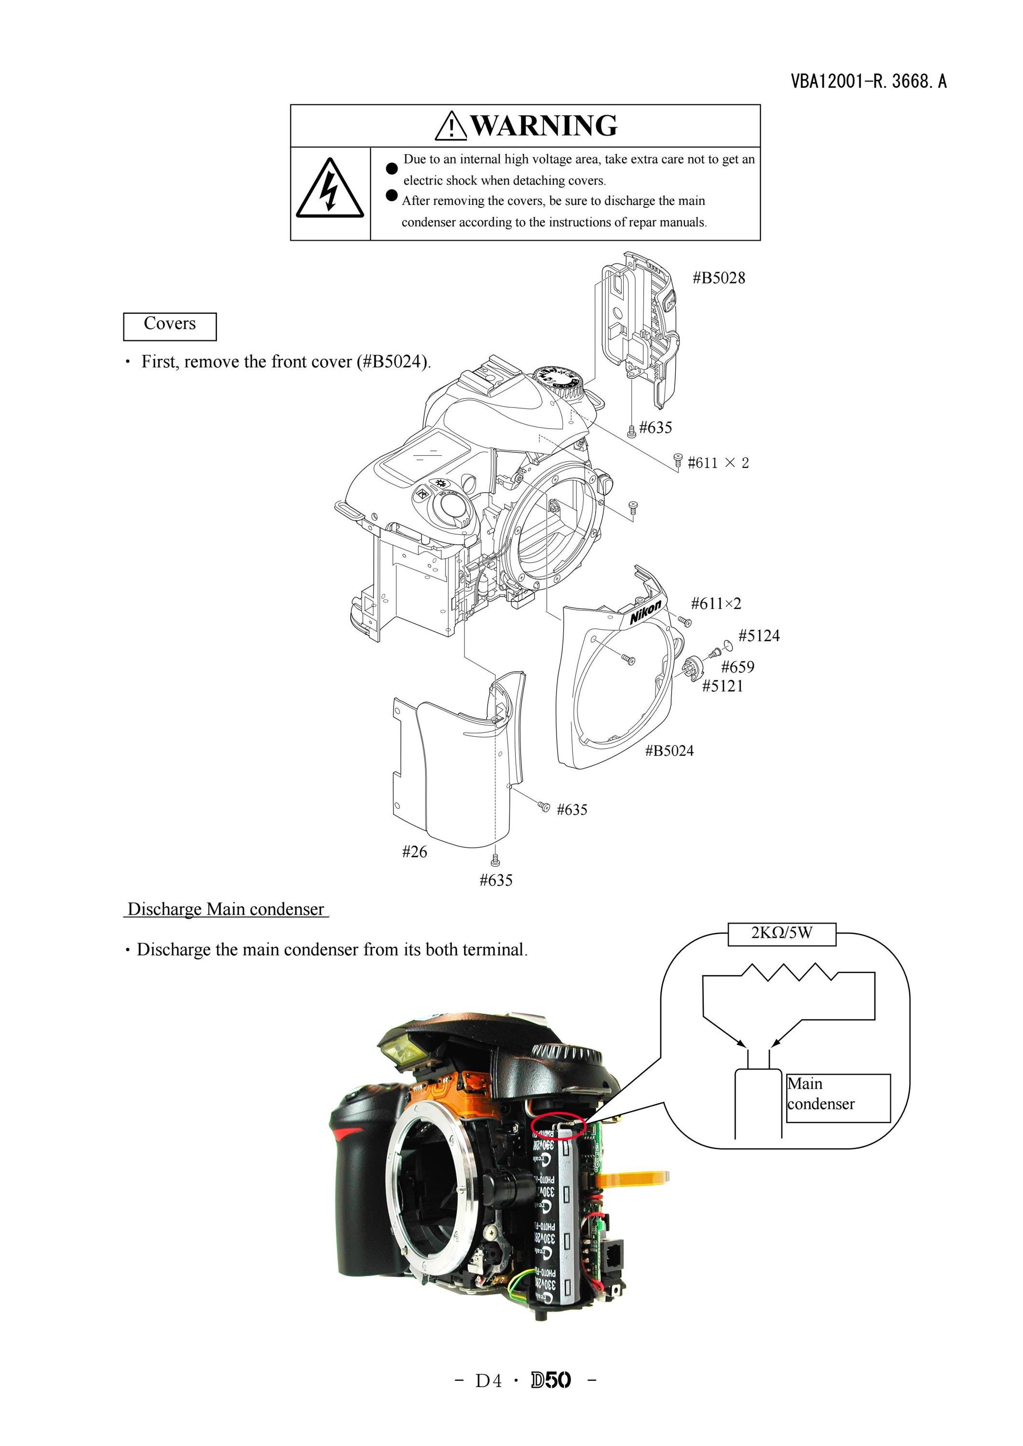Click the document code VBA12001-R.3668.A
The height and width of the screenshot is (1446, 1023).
tap(869, 81)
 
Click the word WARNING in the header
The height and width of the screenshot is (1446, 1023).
tap(544, 125)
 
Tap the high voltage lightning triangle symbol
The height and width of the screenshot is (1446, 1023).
tap(329, 189)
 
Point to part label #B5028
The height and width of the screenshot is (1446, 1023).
tap(719, 278)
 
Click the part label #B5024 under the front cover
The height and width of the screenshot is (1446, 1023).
tap(669, 751)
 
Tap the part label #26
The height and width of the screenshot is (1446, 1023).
tap(414, 852)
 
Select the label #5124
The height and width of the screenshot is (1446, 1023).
tap(759, 636)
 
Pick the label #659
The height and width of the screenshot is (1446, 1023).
tap(737, 667)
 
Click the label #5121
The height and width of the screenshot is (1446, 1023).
tap(723, 686)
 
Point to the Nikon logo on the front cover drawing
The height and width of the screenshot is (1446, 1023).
tap(646, 611)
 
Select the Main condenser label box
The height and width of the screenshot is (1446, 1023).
tap(838, 1098)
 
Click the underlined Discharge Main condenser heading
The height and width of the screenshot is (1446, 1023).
tap(226, 909)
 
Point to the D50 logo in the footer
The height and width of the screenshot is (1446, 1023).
tap(551, 1380)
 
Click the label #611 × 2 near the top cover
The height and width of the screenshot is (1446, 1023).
tap(718, 463)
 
